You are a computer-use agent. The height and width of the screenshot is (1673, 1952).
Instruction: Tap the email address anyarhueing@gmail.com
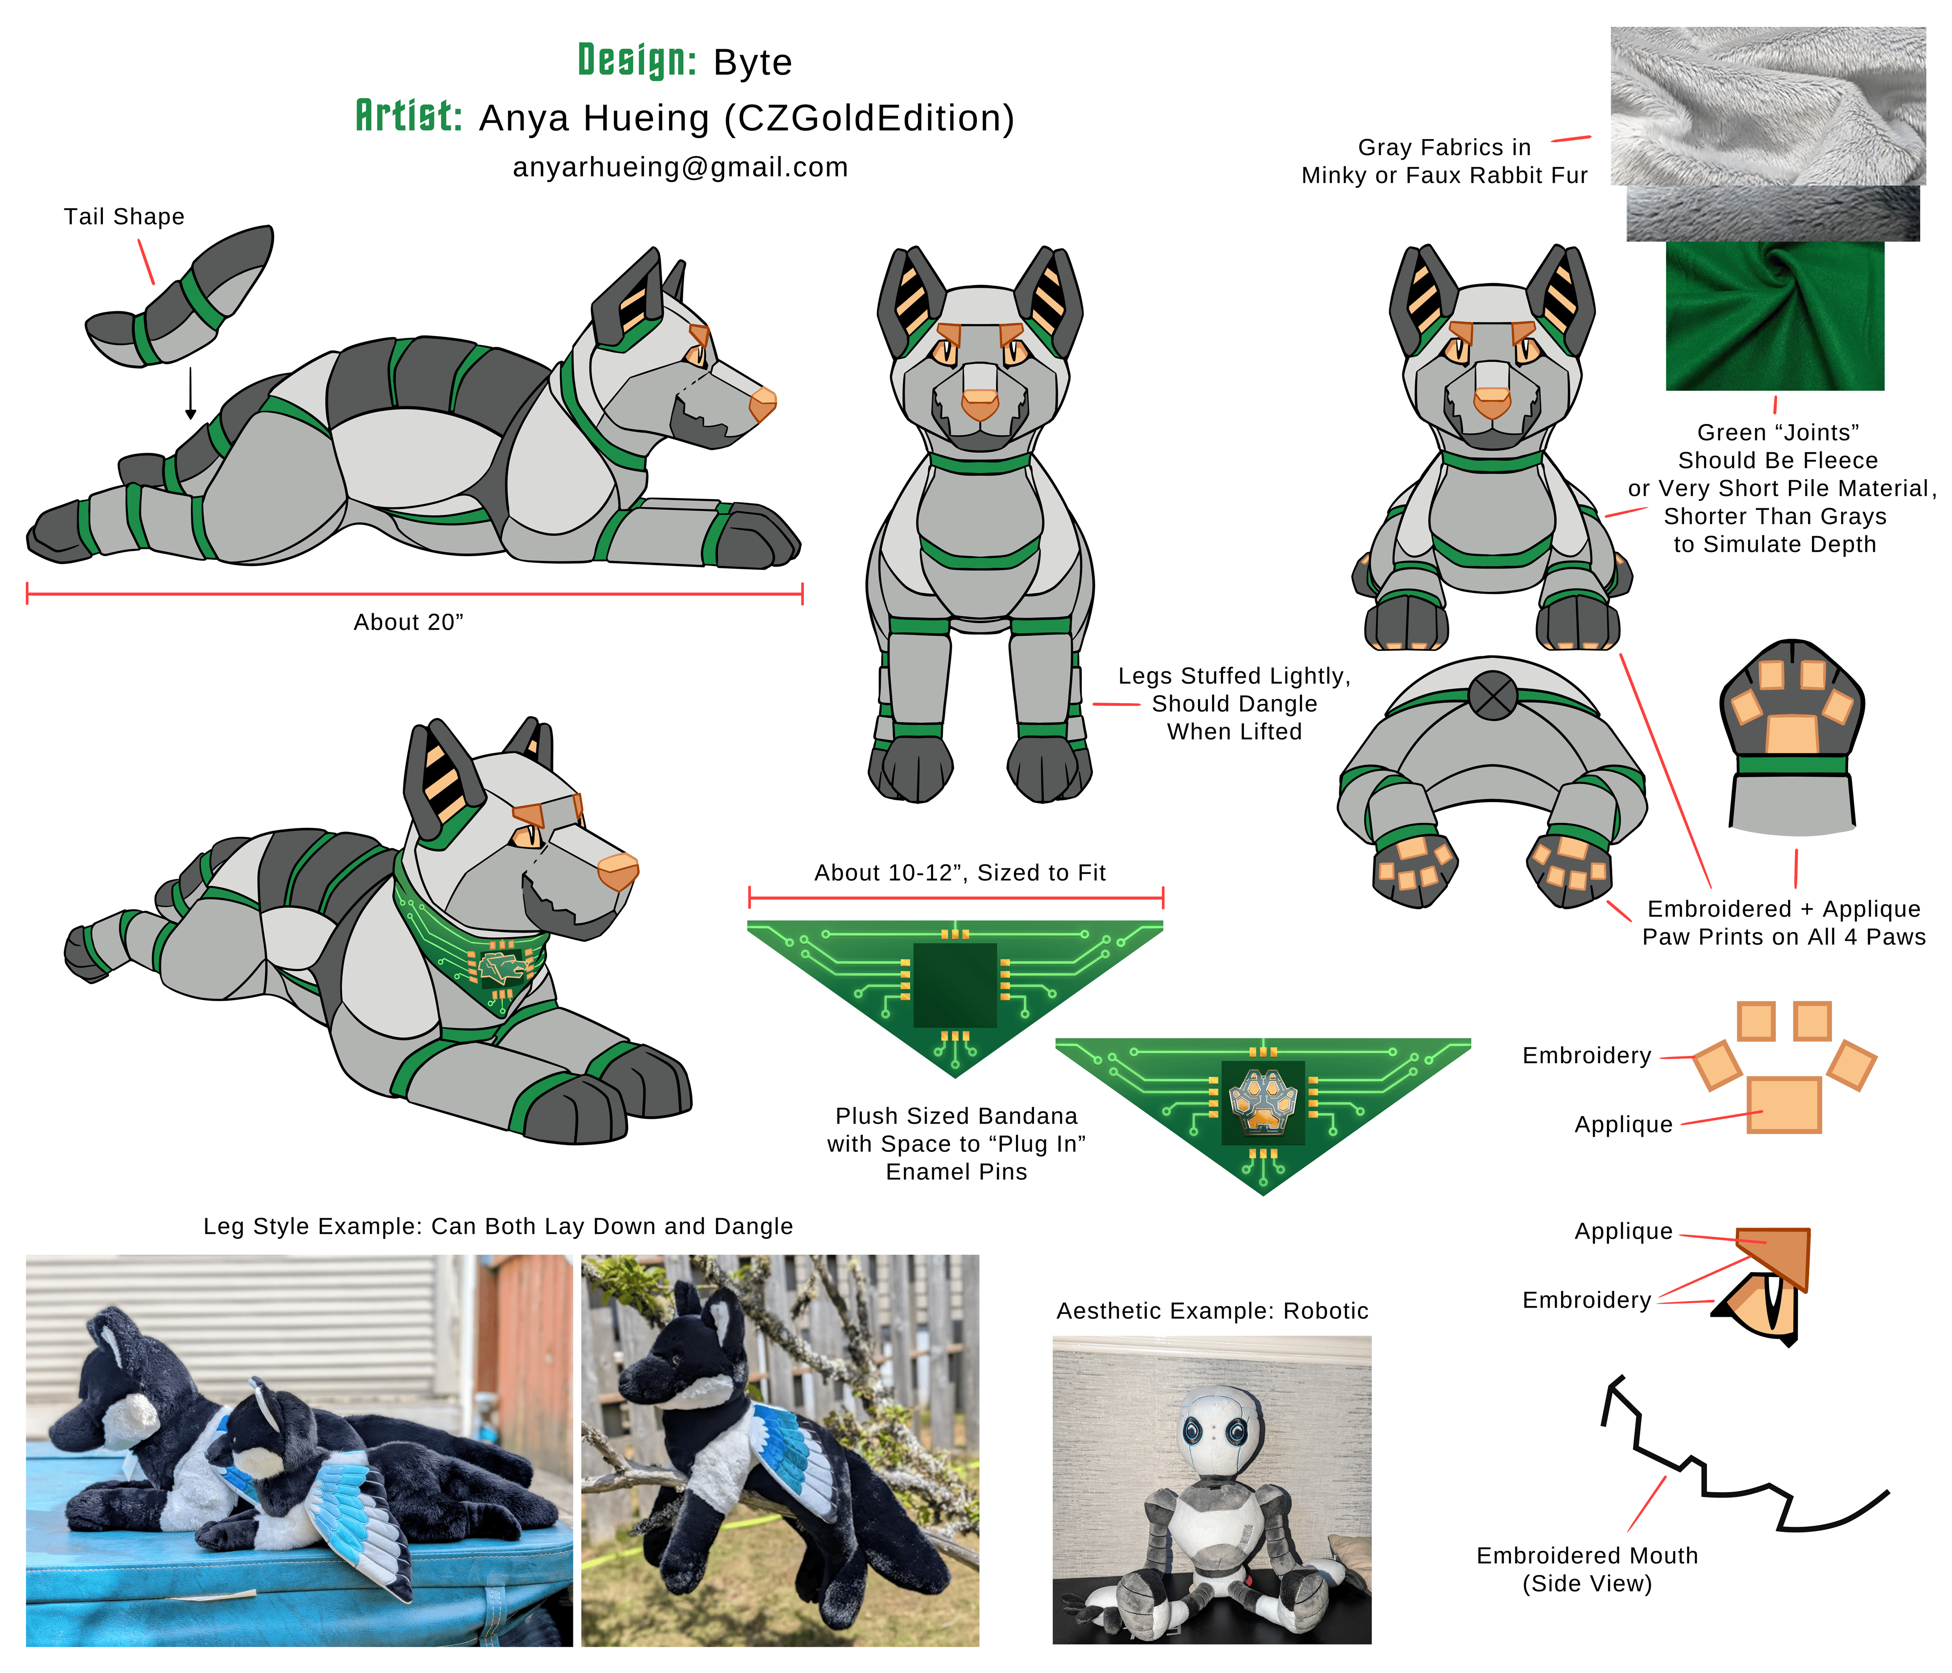click(680, 168)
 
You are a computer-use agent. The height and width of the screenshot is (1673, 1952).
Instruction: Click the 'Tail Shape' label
click(124, 217)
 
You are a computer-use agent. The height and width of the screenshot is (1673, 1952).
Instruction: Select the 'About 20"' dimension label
click(409, 623)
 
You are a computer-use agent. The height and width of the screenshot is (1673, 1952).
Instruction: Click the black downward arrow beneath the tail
click(190, 393)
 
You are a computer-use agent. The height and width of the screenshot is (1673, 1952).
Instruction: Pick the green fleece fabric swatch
click(1775, 316)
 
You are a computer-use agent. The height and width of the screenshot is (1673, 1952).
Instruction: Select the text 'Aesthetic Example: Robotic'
click(1213, 1311)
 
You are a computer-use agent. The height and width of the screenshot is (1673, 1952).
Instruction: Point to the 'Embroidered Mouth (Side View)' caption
click(1587, 1570)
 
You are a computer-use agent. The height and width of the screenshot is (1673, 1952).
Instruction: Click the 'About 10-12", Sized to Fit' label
click(960, 873)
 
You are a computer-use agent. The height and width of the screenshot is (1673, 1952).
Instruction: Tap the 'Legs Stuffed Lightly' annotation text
click(1234, 676)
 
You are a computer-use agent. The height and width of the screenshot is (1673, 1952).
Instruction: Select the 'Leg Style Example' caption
click(498, 1227)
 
